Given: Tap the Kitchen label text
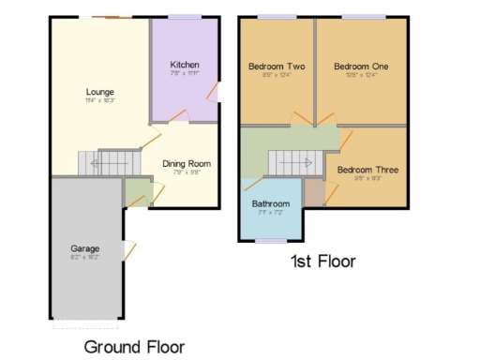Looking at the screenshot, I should tap(185, 64).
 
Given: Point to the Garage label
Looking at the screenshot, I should tap(84, 248).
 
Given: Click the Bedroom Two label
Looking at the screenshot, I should tap(277, 67).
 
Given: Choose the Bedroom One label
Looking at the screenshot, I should tap(361, 67).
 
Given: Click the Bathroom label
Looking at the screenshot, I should tap(271, 203).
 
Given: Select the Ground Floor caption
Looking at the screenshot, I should tap(134, 346).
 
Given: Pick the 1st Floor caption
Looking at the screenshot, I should tap(322, 262).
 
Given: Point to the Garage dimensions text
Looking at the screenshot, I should tap(84, 257).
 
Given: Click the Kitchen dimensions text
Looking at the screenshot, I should tap(185, 73).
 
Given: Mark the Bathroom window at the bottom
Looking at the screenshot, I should tap(271, 241).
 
